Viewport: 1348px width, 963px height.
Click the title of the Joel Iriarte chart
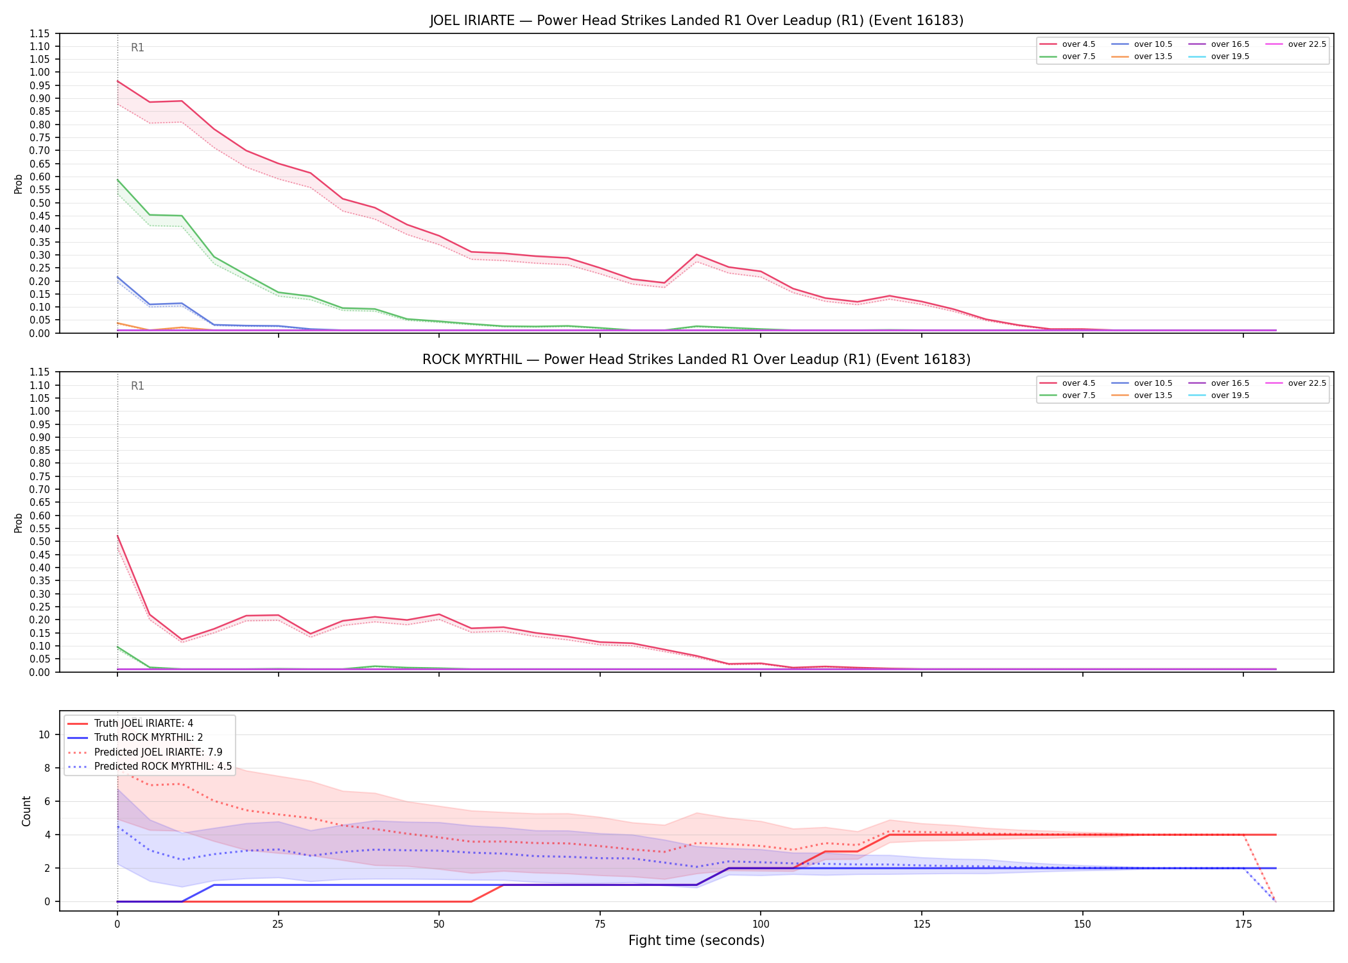pyautogui.click(x=696, y=21)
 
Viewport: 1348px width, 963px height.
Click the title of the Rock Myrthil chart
pyautogui.click(x=696, y=360)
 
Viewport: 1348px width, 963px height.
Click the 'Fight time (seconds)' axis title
pyautogui.click(x=696, y=941)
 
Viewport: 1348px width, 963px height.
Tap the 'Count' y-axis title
pyautogui.click(x=26, y=811)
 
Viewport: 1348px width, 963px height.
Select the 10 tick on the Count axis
pyautogui.click(x=44, y=734)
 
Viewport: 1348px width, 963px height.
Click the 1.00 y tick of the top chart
pyautogui.click(x=40, y=73)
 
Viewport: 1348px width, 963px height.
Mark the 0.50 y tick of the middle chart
pyautogui.click(x=40, y=541)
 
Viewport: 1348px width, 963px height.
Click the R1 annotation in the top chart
pyautogui.click(x=137, y=48)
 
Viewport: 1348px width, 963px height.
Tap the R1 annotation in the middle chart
pyautogui.click(x=137, y=386)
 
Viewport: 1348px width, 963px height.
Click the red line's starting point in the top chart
pyautogui.click(x=117, y=81)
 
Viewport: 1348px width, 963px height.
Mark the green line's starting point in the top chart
pyautogui.click(x=117, y=180)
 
